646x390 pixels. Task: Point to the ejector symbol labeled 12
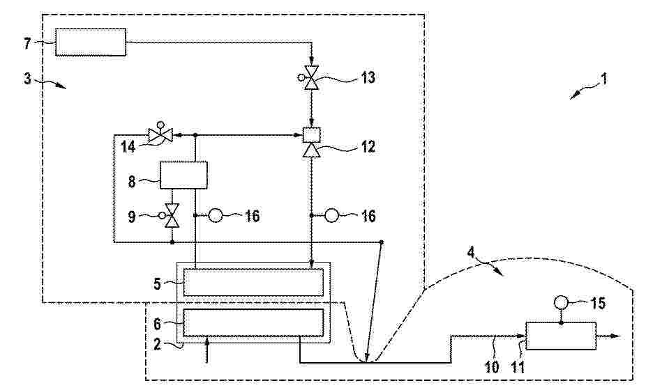pos(311,142)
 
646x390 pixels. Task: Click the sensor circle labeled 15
pos(561,303)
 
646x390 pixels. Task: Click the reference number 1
pos(604,79)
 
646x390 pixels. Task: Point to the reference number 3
pos(27,78)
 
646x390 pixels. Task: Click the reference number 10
pos(493,367)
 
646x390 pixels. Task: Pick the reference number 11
pos(518,367)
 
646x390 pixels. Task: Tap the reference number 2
pos(157,344)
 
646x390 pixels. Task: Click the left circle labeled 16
pos(216,215)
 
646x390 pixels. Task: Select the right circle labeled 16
pos(331,215)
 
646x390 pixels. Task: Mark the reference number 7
pos(27,43)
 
